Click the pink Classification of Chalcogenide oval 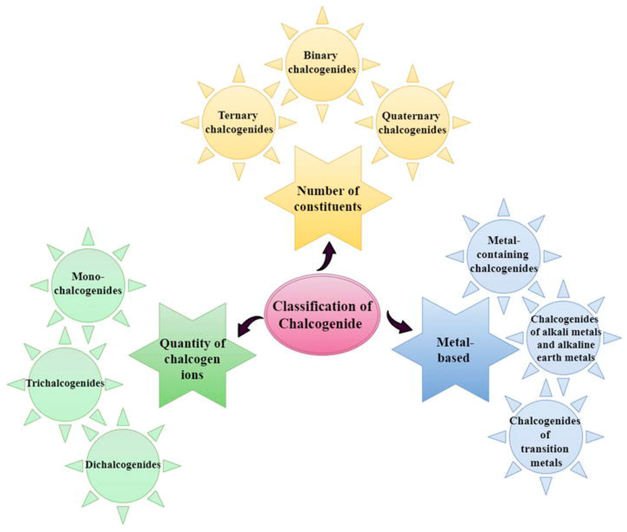tap(322, 314)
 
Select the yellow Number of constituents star tap(328, 199)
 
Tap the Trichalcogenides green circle tap(65, 384)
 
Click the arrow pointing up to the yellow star tap(327, 256)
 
